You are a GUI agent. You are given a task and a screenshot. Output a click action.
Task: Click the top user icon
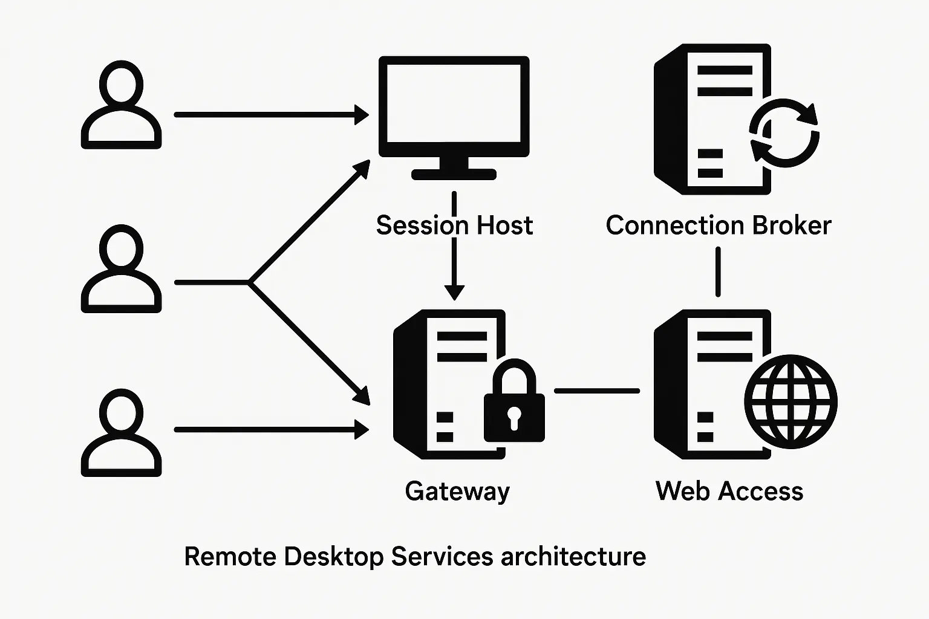click(x=121, y=106)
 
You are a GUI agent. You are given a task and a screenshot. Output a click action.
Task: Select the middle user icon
click(x=121, y=270)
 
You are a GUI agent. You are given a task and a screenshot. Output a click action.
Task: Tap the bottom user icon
click(x=121, y=433)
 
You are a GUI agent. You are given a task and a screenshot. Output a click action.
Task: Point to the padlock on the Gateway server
click(x=514, y=402)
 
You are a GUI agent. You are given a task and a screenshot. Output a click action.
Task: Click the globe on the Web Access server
click(x=790, y=401)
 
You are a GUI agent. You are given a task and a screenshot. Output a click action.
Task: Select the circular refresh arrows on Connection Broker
click(x=784, y=133)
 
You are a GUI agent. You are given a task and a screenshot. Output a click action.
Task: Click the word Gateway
click(x=457, y=491)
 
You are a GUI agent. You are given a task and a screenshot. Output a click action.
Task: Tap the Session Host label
click(x=454, y=225)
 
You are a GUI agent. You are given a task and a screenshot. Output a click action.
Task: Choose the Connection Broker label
click(x=718, y=225)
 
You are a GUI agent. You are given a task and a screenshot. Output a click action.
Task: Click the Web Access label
click(x=729, y=491)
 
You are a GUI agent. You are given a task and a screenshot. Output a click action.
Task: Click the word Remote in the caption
click(x=229, y=556)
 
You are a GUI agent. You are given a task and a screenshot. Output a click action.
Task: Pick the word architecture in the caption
click(x=573, y=556)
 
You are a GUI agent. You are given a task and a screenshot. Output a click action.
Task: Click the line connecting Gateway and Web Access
click(x=597, y=391)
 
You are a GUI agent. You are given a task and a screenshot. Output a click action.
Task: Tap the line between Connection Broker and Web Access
click(x=718, y=272)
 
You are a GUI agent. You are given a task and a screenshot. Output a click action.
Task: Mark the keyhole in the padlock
click(x=514, y=417)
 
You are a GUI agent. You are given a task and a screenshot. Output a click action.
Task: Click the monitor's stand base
click(x=454, y=175)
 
